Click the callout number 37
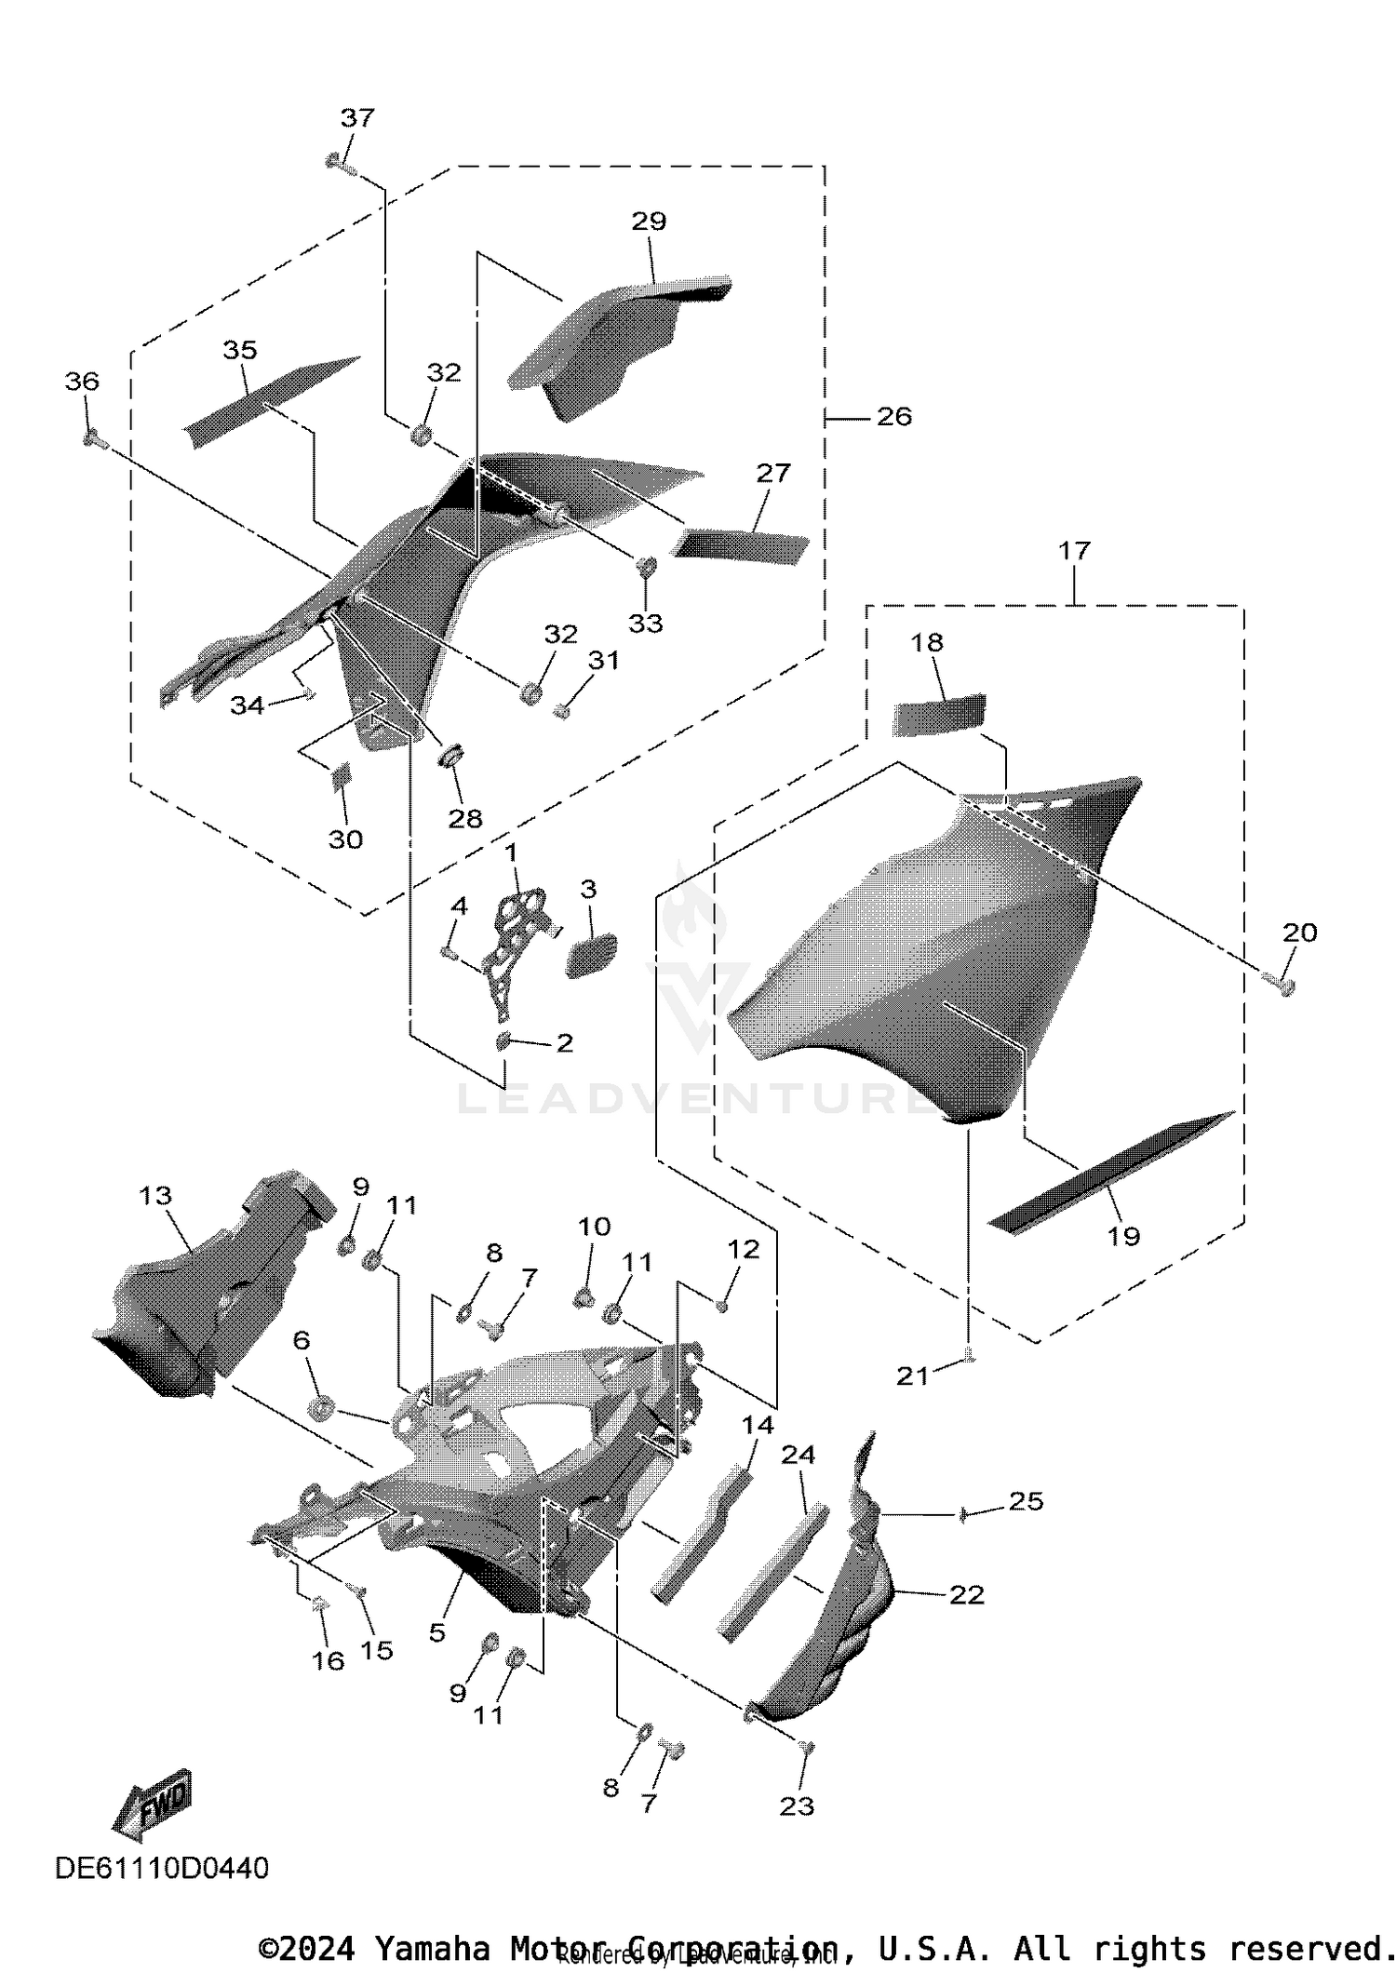(x=357, y=118)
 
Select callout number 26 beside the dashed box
(x=893, y=417)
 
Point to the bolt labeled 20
(x=1282, y=983)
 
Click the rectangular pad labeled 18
(x=938, y=715)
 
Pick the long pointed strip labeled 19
(x=1112, y=1173)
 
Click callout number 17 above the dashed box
(x=1074, y=551)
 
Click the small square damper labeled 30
(x=342, y=774)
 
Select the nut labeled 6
(x=322, y=1408)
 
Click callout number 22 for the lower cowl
(x=966, y=1595)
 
